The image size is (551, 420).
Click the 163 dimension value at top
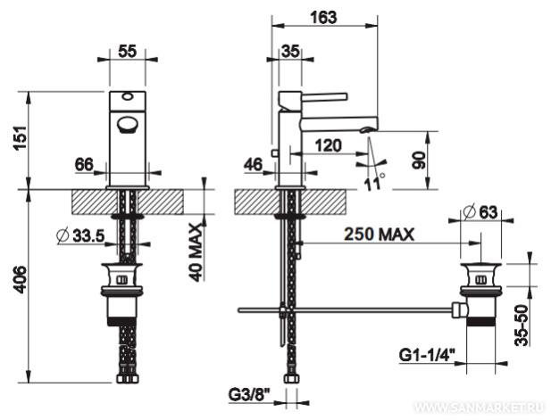323,17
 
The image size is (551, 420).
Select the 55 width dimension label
127,52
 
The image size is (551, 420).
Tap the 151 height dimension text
20,137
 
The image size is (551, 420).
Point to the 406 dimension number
20,280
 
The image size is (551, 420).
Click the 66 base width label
84,165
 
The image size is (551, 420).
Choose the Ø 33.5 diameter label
80,235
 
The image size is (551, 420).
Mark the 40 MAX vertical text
196,252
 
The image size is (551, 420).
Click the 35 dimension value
290,52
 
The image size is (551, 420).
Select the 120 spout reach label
328,145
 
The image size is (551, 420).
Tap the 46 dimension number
253,165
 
